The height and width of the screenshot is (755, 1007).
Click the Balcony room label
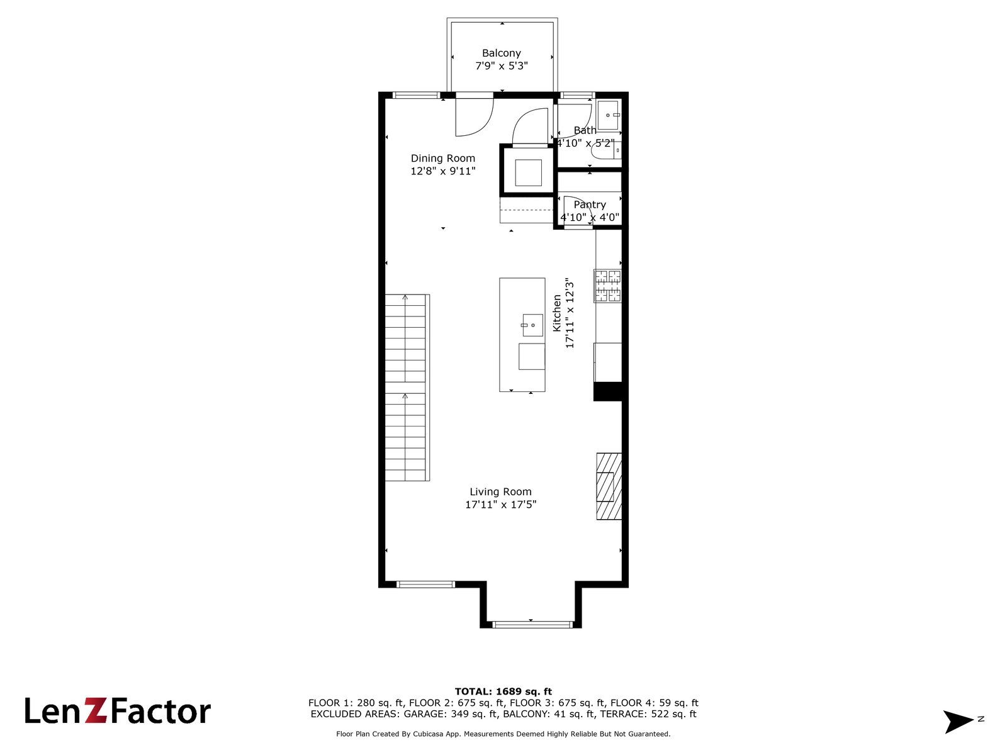click(501, 53)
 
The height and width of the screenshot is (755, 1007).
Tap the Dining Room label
click(442, 158)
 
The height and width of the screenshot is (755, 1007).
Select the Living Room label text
click(500, 492)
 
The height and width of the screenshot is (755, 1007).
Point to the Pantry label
click(590, 204)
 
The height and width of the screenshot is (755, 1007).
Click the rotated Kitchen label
click(557, 313)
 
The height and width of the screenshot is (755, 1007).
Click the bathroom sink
click(609, 116)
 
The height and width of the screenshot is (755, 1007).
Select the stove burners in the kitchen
click(607, 286)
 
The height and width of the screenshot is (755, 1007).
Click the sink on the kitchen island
click(532, 325)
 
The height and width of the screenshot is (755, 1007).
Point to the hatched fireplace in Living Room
click(609, 486)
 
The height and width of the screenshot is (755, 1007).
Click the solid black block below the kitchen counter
click(608, 392)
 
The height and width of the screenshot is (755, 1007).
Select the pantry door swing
click(577, 210)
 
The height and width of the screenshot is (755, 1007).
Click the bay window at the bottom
click(532, 624)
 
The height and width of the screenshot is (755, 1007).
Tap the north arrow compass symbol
click(957, 721)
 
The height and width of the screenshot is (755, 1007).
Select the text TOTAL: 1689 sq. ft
click(503, 691)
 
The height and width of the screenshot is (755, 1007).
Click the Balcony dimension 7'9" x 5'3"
click(502, 66)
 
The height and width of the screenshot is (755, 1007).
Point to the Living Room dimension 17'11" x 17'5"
click(500, 505)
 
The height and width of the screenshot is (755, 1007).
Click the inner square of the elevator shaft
click(528, 172)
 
